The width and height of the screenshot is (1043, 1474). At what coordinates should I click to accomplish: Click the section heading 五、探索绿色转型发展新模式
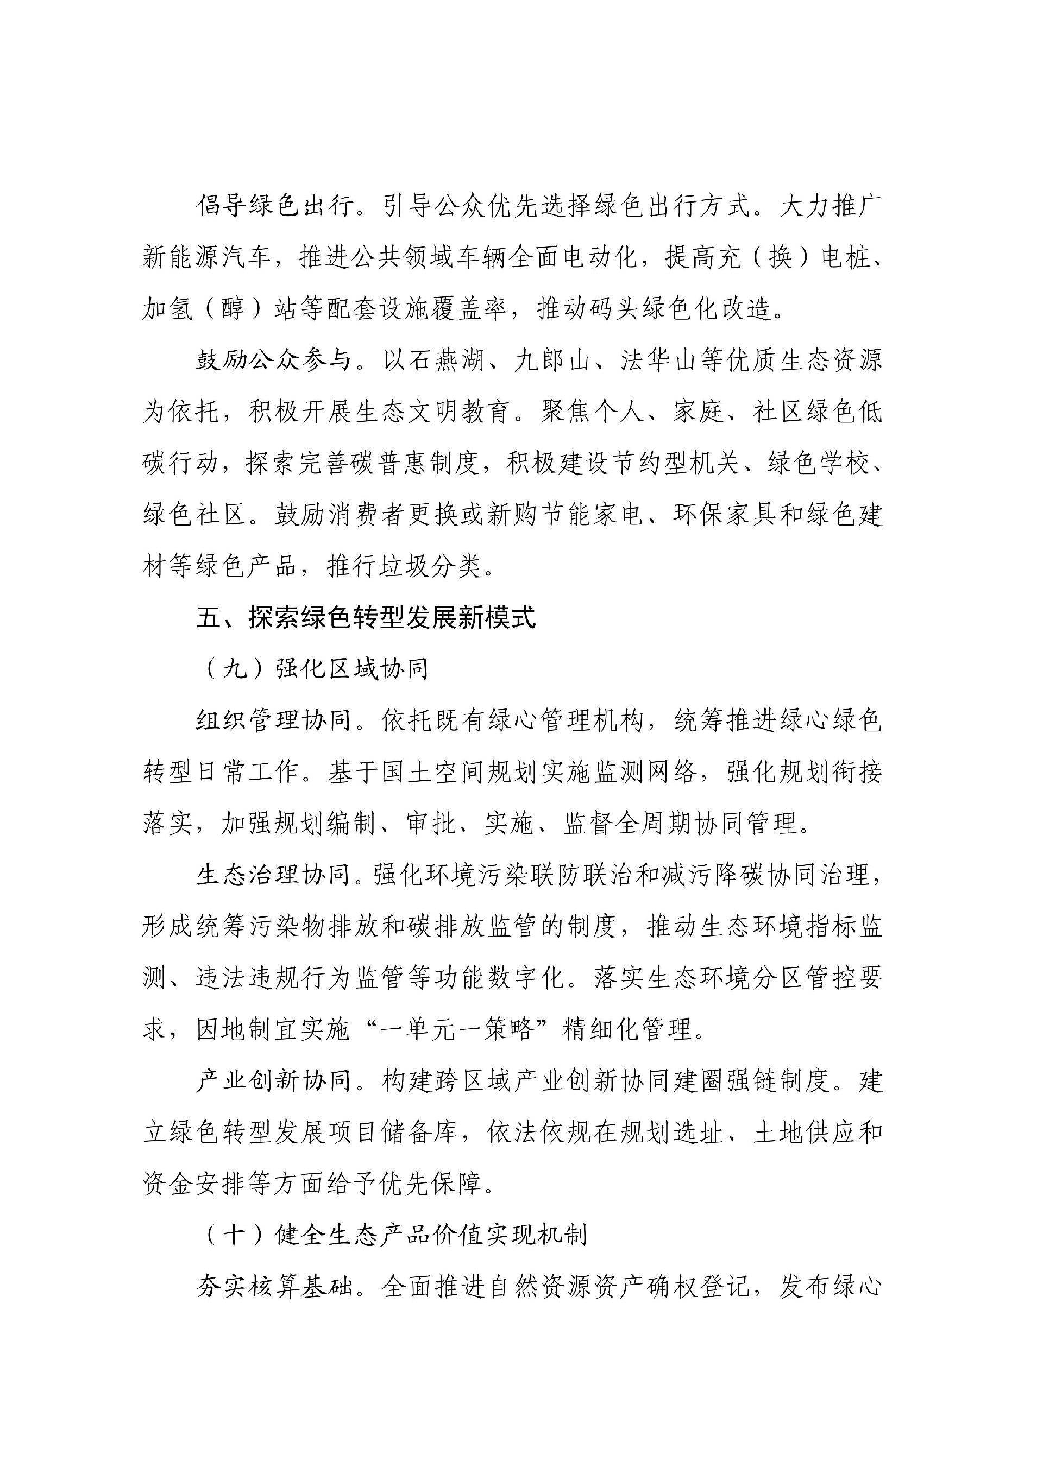(366, 618)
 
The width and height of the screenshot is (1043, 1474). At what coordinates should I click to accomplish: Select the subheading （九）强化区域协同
(314, 669)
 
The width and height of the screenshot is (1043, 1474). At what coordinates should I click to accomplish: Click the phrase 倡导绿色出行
(275, 206)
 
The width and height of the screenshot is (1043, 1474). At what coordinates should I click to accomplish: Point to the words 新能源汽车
(208, 257)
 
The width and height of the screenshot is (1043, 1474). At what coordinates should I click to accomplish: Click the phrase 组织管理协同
(274, 720)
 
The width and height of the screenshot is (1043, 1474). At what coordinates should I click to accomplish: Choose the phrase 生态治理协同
(274, 875)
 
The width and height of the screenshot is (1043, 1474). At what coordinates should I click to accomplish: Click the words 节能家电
(592, 515)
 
